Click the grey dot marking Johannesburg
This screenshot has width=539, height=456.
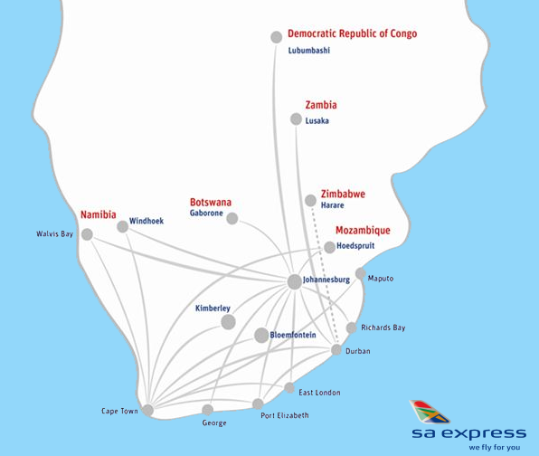[x=294, y=281]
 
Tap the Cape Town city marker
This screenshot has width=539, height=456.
[x=147, y=410]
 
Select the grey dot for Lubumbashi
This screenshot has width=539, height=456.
[x=277, y=37]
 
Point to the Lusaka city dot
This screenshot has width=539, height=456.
[x=296, y=119]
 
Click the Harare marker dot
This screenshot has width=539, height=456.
[x=311, y=200]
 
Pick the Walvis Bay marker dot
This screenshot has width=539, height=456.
[x=87, y=234]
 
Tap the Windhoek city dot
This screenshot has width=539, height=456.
[x=123, y=226]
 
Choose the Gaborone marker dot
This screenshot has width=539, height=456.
[x=232, y=218]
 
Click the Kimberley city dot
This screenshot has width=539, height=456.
[x=228, y=322]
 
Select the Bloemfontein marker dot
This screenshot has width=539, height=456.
[x=261, y=336]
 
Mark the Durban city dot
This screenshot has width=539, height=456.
[x=336, y=350]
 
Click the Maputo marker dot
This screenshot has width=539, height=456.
[x=360, y=273]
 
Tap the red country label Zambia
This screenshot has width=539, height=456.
[x=321, y=105]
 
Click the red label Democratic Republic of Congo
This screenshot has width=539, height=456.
[x=352, y=34]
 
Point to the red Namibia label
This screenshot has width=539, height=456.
[x=99, y=214]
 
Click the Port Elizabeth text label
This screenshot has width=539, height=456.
[x=284, y=415]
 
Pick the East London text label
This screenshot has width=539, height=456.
[x=319, y=392]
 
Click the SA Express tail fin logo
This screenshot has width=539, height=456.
[x=429, y=412]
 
